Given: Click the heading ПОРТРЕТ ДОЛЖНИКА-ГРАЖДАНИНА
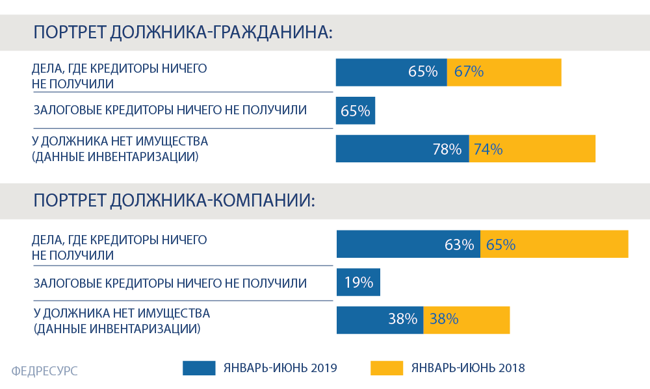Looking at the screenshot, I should tap(183, 32).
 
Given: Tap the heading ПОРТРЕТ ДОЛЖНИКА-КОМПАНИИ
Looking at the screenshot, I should tap(174, 201).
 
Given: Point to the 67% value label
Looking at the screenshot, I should tap(469, 71).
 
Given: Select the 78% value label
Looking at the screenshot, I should tap(447, 149).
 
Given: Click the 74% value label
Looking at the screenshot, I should tap(487, 149).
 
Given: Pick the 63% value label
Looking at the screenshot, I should tap(459, 245).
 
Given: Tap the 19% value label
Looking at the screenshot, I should tap(358, 282).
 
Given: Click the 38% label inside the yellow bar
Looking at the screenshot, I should tap(443, 319).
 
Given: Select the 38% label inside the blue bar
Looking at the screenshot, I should tap(402, 319).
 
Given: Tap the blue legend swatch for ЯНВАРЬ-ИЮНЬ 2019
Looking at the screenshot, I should tap(199, 368).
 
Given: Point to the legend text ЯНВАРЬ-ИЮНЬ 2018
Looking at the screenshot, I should tap(468, 368).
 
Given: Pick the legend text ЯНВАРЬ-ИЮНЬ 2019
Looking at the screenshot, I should tap(280, 368).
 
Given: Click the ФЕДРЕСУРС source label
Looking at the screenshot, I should tap(44, 371).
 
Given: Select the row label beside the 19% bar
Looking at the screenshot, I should tap(170, 282).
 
